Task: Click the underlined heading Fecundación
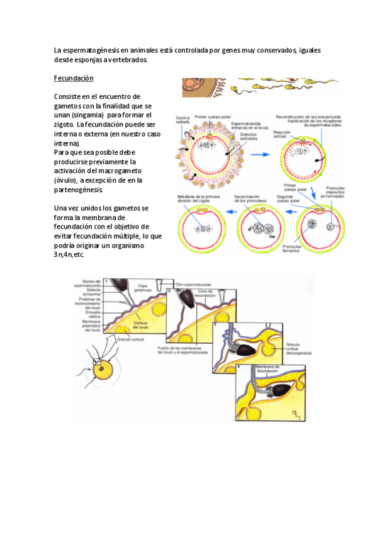(x=74, y=79)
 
